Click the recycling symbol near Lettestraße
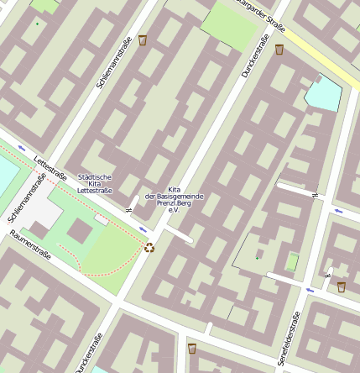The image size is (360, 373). point(149,247)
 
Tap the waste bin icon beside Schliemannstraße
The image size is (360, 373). point(142,39)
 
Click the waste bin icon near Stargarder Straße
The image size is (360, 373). point(279,50)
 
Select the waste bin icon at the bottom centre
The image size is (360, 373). point(192,348)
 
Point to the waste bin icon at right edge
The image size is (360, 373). point(341,286)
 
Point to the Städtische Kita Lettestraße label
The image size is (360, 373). point(94,184)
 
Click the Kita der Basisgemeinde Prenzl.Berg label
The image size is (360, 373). point(175,199)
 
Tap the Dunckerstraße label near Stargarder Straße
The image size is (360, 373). point(253,57)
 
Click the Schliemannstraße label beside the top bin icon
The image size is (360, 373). point(117,68)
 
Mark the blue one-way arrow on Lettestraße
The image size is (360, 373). point(142,228)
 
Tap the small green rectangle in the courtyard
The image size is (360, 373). point(292,262)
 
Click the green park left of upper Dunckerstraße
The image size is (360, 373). point(227,24)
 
